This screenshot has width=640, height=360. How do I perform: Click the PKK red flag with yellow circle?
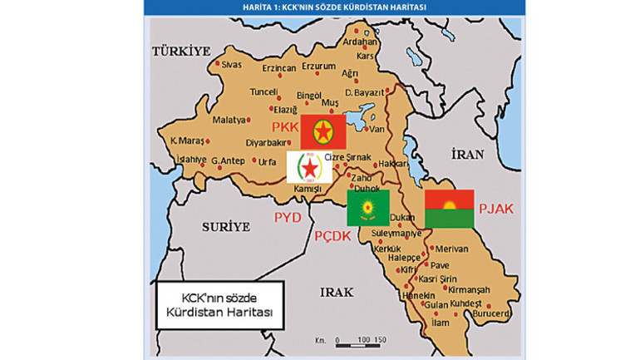(322, 132)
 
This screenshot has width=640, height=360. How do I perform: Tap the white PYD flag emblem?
(309, 167)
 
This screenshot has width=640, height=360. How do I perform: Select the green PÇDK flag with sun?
(368, 206)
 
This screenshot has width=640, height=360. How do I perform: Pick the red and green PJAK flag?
(449, 208)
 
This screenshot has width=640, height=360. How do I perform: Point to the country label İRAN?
(466, 154)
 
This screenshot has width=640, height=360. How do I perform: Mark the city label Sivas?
(230, 63)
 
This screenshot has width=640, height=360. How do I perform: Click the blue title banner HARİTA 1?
(334, 7)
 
